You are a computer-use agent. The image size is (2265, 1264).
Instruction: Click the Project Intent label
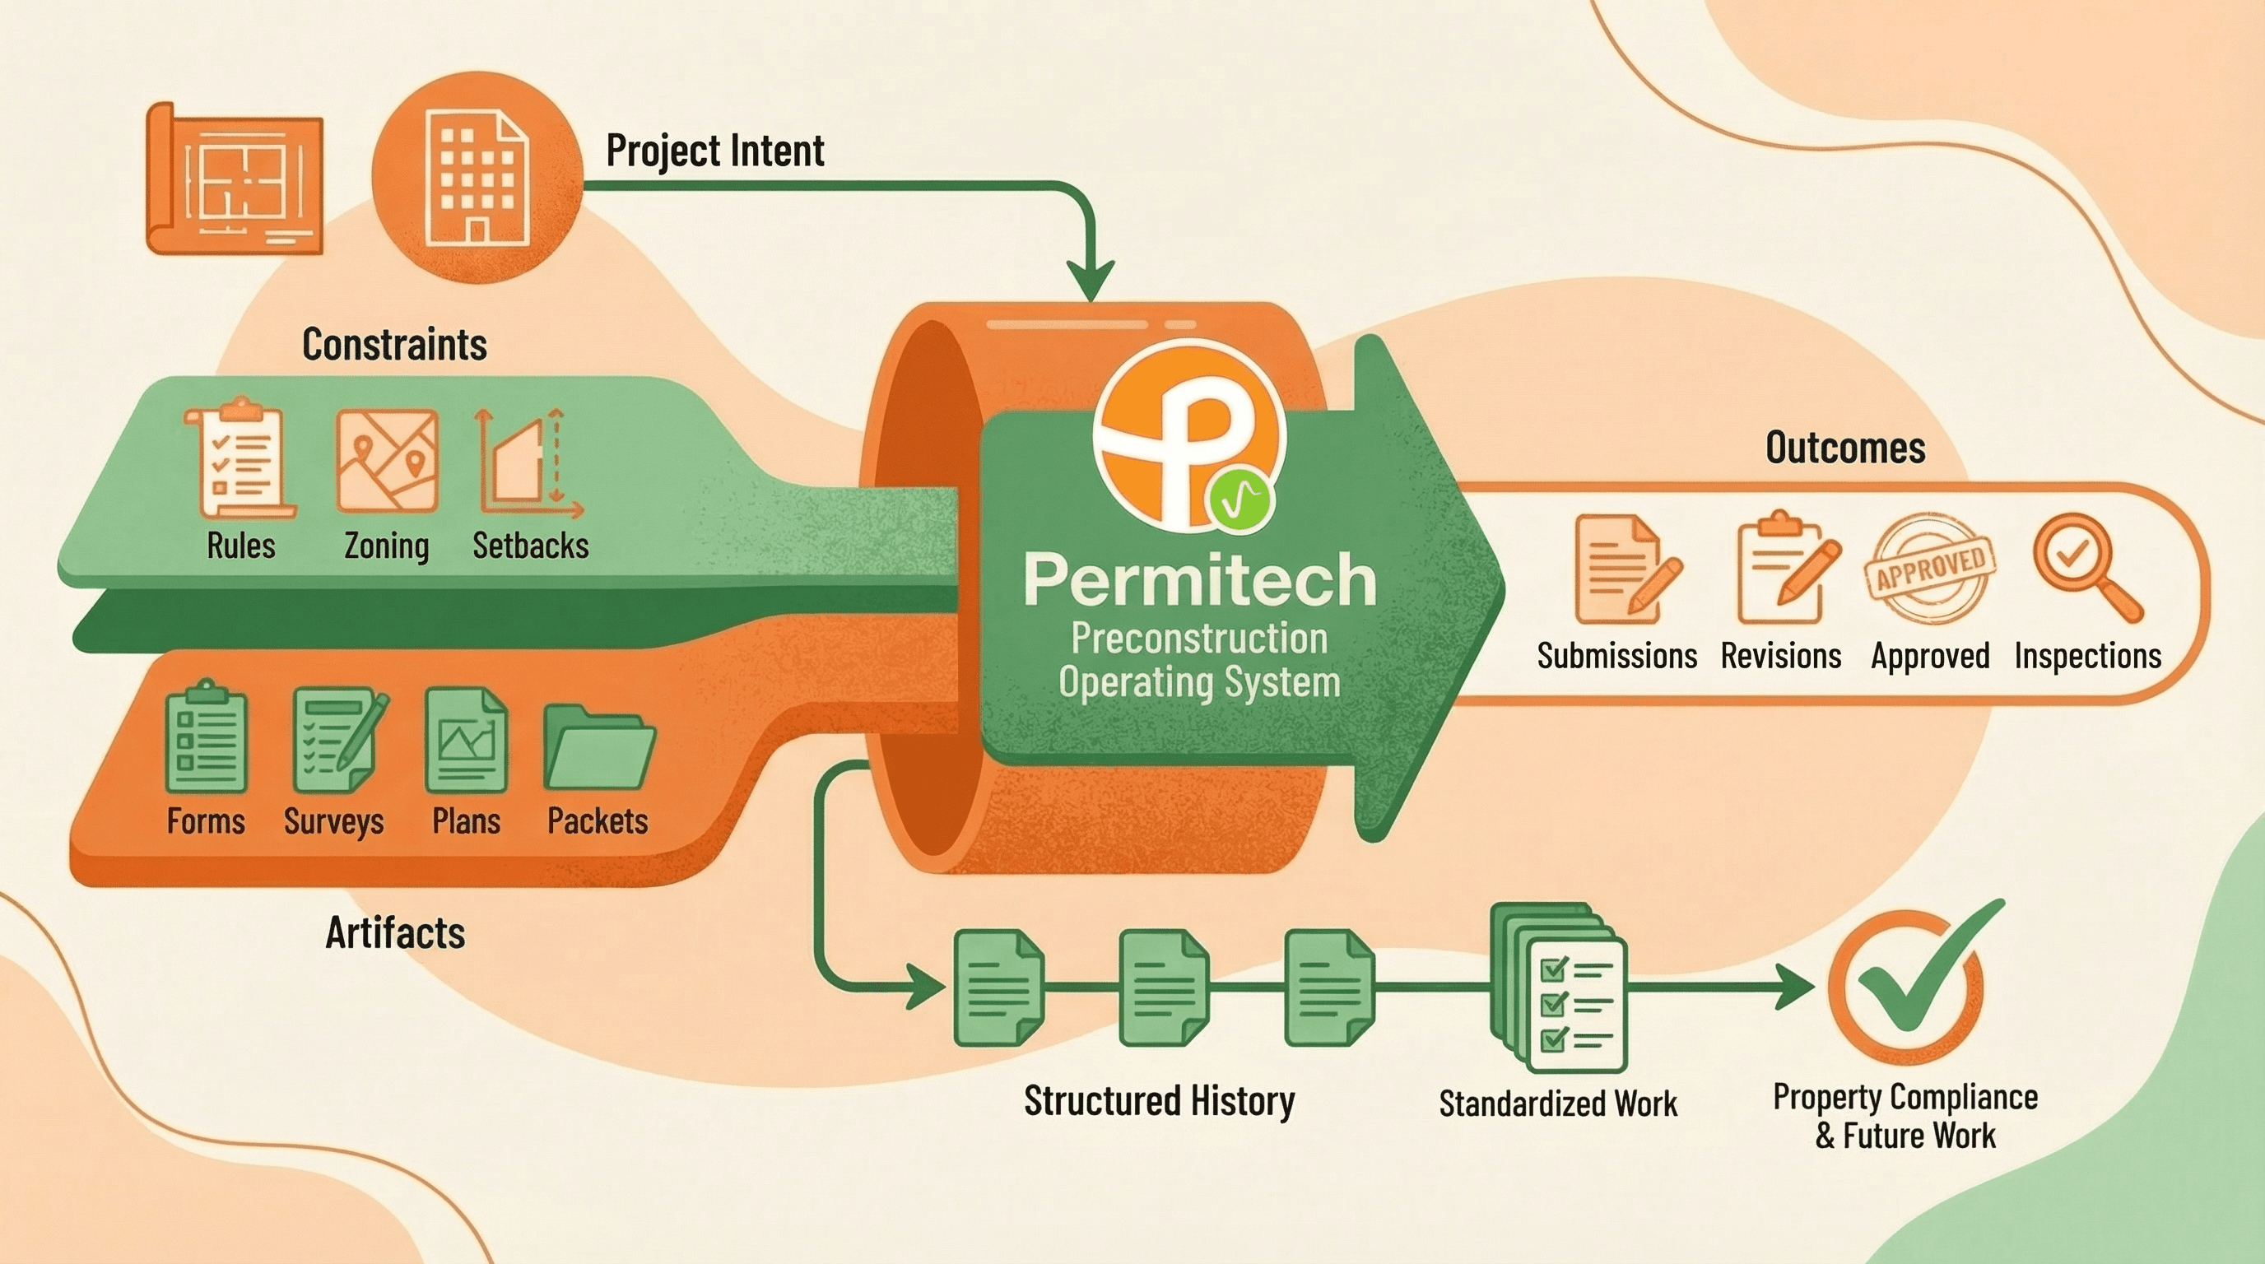point(715,151)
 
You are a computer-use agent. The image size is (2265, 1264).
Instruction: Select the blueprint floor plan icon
point(235,179)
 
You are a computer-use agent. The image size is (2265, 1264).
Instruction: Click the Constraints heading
point(394,344)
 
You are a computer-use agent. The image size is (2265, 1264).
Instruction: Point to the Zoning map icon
point(388,460)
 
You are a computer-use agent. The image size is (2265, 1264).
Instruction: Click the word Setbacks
point(530,546)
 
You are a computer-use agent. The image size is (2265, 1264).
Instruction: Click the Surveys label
point(333,821)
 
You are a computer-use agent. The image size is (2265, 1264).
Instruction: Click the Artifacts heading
point(395,932)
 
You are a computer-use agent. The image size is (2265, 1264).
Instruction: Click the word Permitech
point(1200,580)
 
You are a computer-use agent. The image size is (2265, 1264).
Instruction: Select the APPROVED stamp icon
point(1930,567)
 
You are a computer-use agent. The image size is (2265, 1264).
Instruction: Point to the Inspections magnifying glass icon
point(2085,565)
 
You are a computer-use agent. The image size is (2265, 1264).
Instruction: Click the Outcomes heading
point(1844,448)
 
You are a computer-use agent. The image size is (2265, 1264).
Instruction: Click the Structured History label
point(1159,1100)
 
